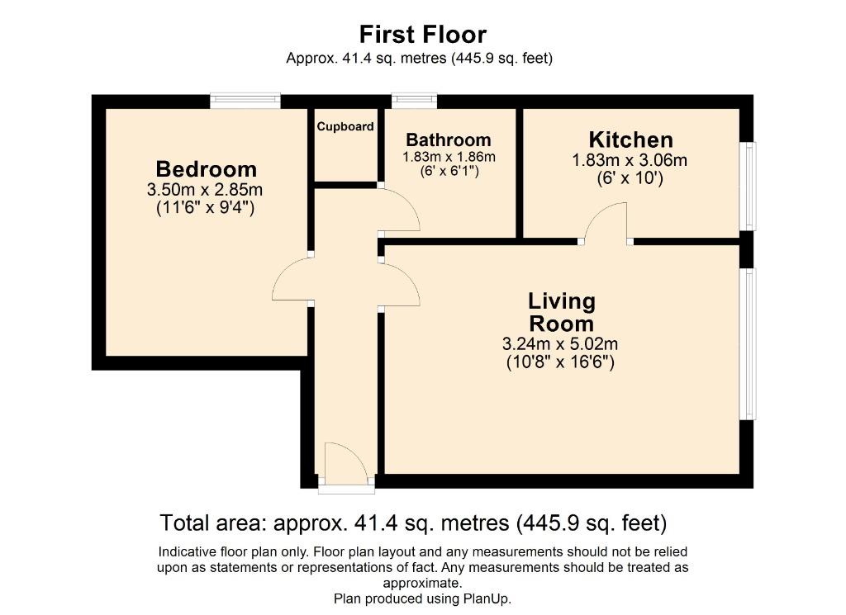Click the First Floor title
423,35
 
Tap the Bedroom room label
206,169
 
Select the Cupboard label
345,126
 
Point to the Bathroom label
449,140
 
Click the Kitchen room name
630,140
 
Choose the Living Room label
562,312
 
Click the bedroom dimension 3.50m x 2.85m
205,190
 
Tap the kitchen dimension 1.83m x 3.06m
630,160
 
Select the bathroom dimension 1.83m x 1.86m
449,157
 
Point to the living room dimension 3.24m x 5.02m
560,344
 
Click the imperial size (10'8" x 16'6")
560,362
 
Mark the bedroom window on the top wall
245,102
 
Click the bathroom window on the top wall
415,102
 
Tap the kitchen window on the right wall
747,186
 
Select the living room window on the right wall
747,343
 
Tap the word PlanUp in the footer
487,598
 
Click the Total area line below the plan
414,523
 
